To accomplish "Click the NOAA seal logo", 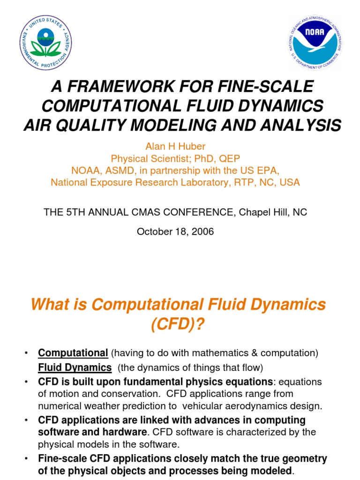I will [x=315, y=42].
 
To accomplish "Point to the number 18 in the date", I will [x=179, y=232].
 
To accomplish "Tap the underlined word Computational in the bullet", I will [x=73, y=352].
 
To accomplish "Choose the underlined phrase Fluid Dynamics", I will [x=75, y=367].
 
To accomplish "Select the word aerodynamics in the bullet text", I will [x=239, y=405].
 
